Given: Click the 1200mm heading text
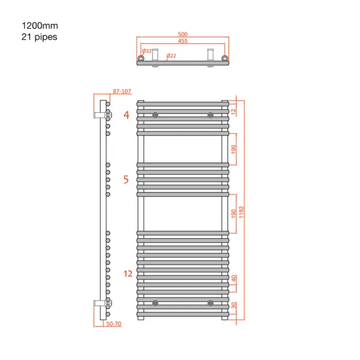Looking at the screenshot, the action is click(40, 26).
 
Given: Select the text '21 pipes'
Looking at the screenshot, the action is click(39, 37).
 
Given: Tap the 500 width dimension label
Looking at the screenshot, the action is click(183, 34).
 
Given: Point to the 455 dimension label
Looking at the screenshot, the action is click(183, 41).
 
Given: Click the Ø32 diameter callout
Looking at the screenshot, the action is click(147, 51).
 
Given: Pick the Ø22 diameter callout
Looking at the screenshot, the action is click(171, 56).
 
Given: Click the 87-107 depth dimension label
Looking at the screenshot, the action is click(122, 91).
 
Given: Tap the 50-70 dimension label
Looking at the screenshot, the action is click(113, 324).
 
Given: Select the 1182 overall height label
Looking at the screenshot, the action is click(241, 212).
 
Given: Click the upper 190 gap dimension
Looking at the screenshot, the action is click(233, 149).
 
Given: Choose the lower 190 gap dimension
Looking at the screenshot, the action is click(233, 214).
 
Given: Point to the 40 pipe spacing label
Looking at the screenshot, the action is click(234, 278).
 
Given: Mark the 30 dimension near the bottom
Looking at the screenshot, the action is click(234, 305).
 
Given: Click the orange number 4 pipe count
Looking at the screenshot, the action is click(127, 115).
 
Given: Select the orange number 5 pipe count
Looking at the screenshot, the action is click(126, 179).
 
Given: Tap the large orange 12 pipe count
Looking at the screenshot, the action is click(128, 274).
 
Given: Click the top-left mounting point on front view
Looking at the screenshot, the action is click(155, 115).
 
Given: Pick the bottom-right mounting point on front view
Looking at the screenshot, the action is click(211, 303).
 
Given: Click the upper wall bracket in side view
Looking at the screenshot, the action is click(103, 115).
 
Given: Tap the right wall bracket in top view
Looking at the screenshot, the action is click(211, 58).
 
